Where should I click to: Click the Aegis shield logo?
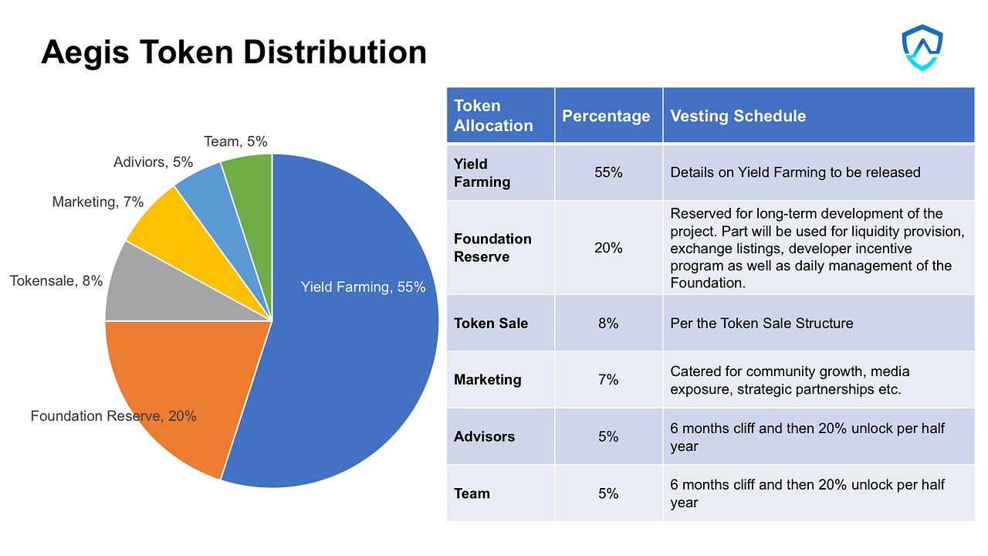922,48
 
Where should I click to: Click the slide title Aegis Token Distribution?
233,53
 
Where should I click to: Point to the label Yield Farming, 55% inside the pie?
363,287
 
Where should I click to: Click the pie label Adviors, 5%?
153,162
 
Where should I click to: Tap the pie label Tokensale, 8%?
56,281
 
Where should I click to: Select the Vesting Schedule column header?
737,116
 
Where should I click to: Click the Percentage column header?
606,116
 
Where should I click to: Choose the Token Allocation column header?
493,116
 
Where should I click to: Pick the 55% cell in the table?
608,172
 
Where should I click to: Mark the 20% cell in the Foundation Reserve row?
608,248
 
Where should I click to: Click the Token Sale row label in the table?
491,323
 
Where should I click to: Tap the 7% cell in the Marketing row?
608,380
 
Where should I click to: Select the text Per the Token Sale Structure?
761,323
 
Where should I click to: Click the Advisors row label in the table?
484,436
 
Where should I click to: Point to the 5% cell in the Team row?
608,493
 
